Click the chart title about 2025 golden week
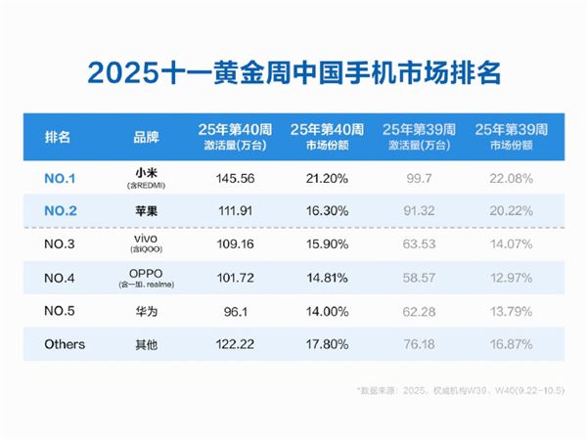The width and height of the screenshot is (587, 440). pos(293,72)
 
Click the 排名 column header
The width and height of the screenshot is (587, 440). pos(58,137)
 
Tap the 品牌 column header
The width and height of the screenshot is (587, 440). pos(147,137)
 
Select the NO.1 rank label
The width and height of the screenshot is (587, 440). pos(60,179)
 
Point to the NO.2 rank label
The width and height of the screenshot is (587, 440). pos(61,210)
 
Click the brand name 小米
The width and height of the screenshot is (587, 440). pos(147,173)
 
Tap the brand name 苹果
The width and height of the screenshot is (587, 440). pos(147,211)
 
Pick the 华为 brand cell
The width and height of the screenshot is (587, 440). pos(147,311)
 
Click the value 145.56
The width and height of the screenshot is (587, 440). pos(235,179)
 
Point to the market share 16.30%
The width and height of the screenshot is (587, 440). pos(327,210)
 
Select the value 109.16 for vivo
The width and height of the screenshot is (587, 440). pos(235,243)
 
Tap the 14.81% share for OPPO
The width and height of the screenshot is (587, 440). pos(327,278)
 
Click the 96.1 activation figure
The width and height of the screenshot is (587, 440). pos(236,311)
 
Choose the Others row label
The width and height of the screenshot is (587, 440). pos(65,344)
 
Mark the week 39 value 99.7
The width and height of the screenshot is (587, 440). pos(420,179)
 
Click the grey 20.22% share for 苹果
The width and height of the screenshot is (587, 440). pos(512,210)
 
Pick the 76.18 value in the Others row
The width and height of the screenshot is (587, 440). pos(420,344)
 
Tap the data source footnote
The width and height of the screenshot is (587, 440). pos(461,390)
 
